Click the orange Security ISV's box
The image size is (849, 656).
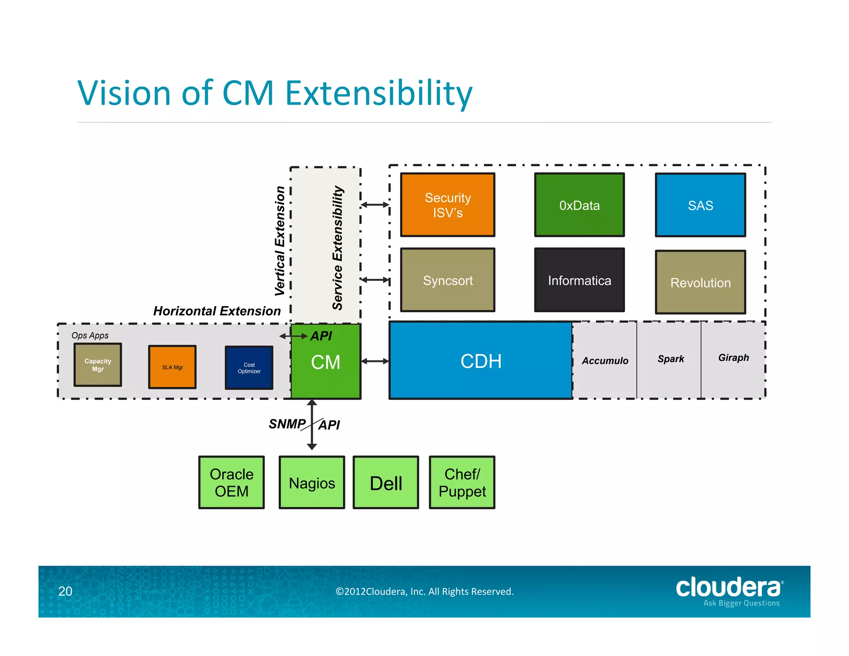(447, 205)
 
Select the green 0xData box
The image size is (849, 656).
(579, 205)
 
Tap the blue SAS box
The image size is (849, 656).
(700, 205)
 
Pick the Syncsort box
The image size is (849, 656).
(447, 280)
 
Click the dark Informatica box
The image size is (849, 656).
(579, 280)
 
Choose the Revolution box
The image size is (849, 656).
(700, 282)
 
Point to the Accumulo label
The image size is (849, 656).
(605, 361)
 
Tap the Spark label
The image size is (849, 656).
(670, 359)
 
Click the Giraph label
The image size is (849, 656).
(733, 357)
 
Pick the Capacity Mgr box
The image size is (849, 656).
(98, 365)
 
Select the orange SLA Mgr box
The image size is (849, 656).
(172, 367)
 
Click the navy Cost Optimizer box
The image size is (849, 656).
(249, 368)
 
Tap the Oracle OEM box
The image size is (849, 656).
(231, 482)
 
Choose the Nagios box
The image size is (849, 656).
(312, 482)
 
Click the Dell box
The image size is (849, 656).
(386, 482)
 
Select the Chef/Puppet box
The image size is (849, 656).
(462, 482)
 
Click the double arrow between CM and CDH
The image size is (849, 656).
(375, 361)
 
